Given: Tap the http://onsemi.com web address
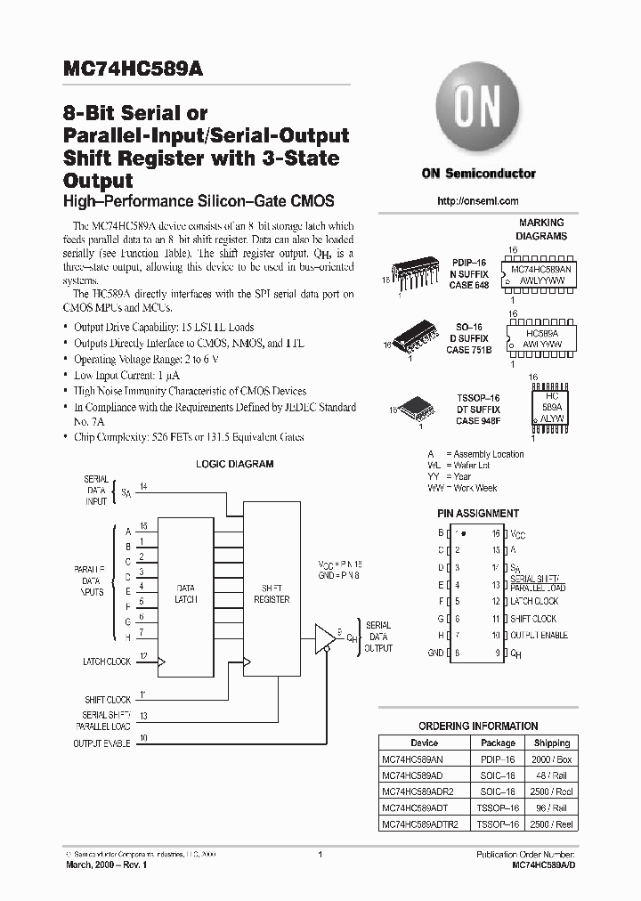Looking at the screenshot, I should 477,201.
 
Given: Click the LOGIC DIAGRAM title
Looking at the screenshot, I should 234,464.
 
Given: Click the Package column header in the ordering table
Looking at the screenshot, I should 498,743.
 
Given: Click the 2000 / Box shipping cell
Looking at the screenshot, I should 552,759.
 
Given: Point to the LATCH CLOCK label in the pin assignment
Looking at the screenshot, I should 534,602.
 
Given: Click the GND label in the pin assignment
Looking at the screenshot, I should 435,653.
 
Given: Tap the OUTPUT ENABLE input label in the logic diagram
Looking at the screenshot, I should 102,743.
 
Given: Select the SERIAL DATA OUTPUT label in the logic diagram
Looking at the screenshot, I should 378,637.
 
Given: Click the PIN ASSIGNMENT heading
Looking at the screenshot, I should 477,514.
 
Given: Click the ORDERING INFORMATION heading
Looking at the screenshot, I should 478,726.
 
